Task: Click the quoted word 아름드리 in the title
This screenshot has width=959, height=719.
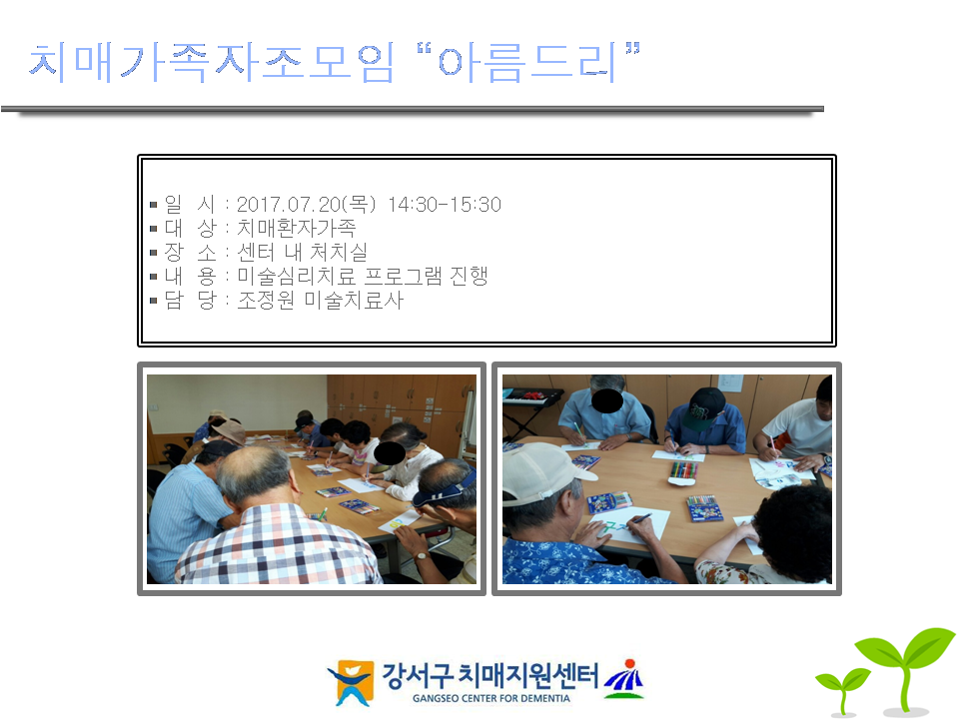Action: pos(527,62)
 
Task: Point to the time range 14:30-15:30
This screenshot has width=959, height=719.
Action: pos(445,204)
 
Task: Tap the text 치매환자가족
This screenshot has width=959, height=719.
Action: pos(296,228)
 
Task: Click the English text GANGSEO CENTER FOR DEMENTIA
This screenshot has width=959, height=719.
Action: pos(491,698)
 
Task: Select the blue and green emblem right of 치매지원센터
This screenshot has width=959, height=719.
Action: pos(623,679)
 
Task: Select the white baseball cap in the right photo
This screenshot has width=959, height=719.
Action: pos(541,471)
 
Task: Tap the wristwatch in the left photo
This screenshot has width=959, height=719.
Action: pos(422,556)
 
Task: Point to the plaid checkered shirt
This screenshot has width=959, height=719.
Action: pos(276,544)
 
